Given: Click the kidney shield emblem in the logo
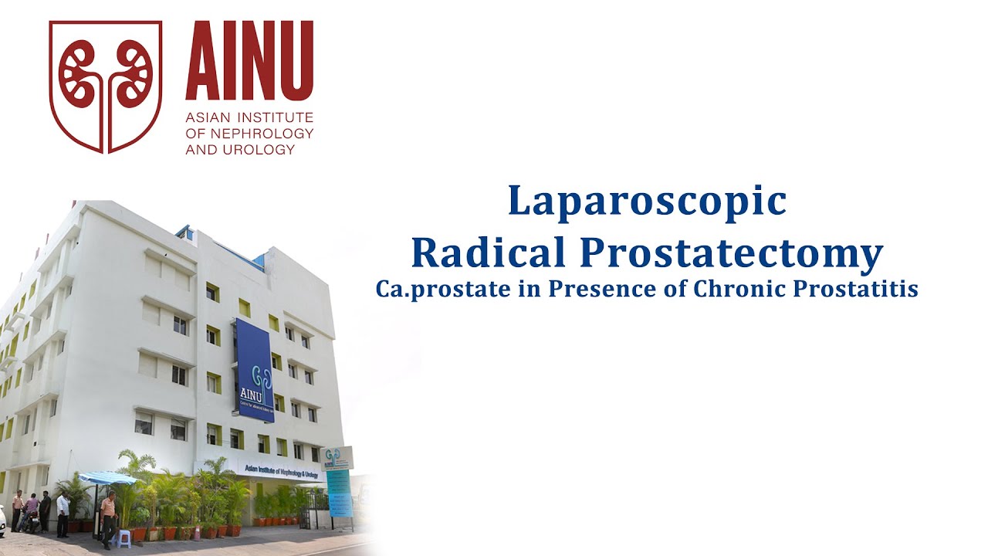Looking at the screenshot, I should click(106, 85).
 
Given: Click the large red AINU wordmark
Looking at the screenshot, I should click(249, 62).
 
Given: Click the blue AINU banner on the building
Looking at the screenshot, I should click(255, 371).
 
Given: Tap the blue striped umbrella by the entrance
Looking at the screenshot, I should click(108, 478).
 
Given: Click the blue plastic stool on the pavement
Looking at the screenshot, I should click(123, 537).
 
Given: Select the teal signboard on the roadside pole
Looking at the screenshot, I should click(338, 492).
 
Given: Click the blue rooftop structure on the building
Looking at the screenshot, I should click(185, 232).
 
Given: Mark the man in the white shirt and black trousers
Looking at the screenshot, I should click(63, 513).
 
